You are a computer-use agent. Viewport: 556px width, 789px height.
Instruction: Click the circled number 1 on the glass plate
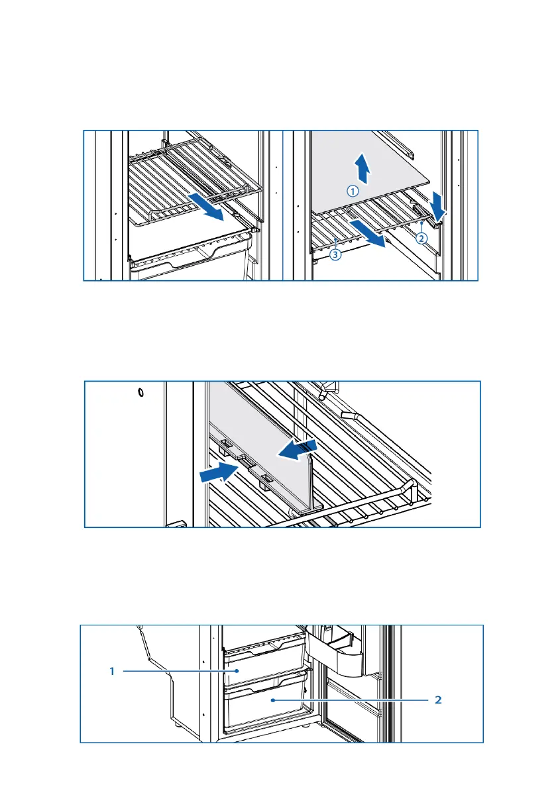coord(353,191)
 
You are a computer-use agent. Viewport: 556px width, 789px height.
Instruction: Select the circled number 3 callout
coord(336,254)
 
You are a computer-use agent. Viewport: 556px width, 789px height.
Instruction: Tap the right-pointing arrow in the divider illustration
coord(218,472)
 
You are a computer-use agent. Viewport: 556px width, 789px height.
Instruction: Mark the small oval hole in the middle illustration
coord(140,393)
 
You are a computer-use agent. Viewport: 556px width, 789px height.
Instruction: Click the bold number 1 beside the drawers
coord(113,671)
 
